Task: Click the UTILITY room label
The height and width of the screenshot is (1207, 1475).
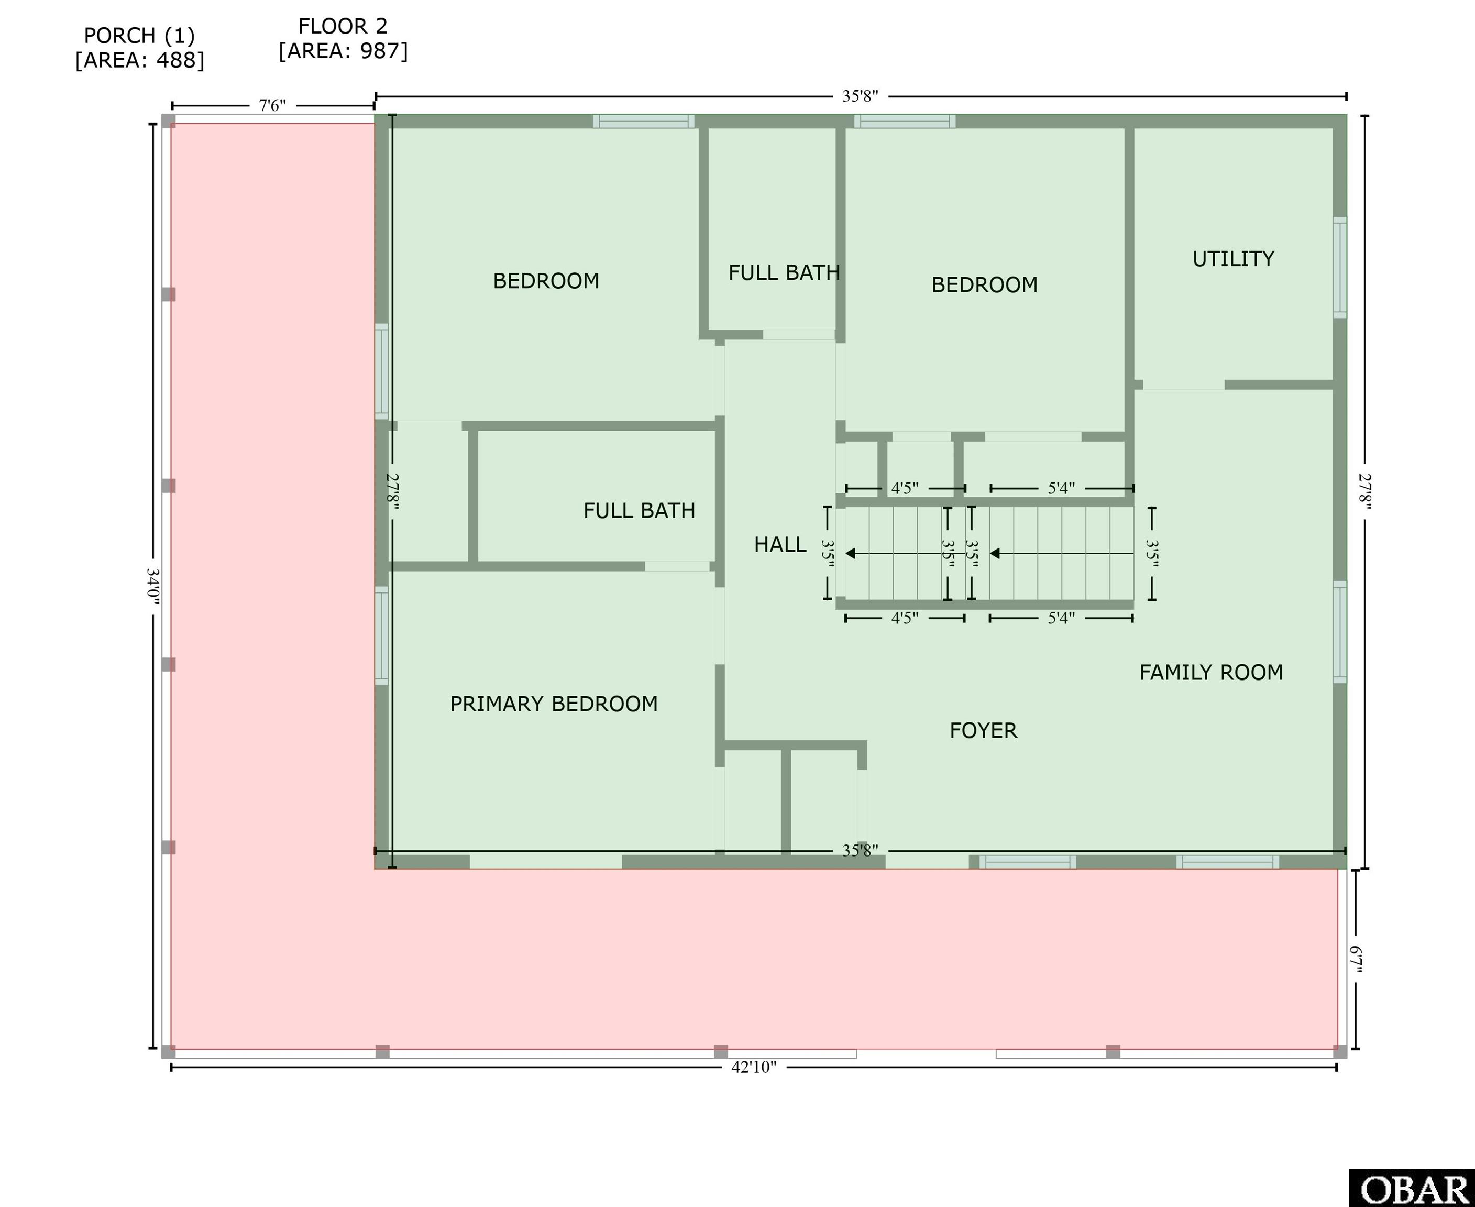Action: point(1233,259)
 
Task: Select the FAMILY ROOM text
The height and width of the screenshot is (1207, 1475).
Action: point(1211,672)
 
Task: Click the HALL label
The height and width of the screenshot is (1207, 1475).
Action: point(780,544)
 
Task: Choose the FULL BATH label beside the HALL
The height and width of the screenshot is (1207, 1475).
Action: point(639,510)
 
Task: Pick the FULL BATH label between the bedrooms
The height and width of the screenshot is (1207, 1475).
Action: point(784,272)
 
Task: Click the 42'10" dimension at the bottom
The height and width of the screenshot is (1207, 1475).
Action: point(754,1067)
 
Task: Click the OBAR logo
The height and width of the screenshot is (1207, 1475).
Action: point(1413,1188)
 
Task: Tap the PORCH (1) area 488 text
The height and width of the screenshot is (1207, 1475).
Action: point(140,47)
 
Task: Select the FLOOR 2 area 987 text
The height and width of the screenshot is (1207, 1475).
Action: point(344,38)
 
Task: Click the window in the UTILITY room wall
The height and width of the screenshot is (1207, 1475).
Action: point(1339,268)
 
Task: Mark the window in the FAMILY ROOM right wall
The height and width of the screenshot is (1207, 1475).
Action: point(1339,632)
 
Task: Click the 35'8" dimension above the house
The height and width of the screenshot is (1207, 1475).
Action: point(861,96)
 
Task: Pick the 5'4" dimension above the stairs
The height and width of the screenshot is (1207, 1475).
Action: point(1061,488)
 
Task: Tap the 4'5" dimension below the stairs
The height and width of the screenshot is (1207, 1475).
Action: point(905,618)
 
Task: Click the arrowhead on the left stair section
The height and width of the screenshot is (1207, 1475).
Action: point(850,553)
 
